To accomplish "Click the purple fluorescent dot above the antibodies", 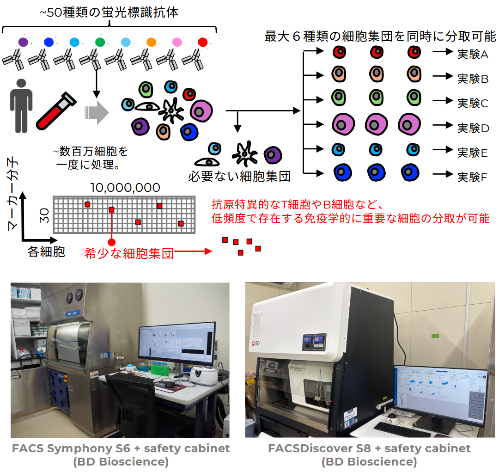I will [23, 42].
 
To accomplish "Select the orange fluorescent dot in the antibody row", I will [151, 42].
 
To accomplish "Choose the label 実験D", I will [473, 128].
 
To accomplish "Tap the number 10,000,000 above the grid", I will [125, 188].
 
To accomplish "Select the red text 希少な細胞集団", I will [129, 253].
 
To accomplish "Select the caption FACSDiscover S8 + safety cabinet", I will [369, 448].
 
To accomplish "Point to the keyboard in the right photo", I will [402, 429].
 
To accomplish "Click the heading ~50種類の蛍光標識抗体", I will [109, 13].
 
